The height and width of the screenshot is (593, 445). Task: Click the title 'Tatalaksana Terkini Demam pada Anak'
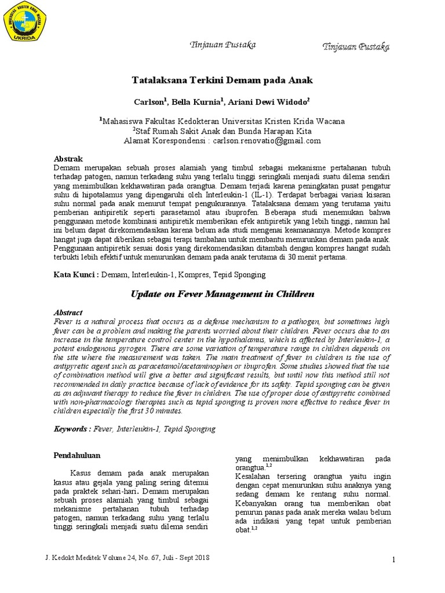tap(223, 80)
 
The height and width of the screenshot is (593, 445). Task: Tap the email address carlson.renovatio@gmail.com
tap(267, 140)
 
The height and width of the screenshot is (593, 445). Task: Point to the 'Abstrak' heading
tap(68, 159)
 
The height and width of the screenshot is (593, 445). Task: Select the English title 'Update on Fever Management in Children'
tap(222, 294)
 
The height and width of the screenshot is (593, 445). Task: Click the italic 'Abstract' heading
tap(68, 312)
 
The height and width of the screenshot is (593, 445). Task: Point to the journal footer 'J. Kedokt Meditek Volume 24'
tap(127, 557)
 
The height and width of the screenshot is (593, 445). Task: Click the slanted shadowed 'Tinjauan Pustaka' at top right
tap(356, 46)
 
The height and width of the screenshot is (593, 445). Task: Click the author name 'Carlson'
tap(149, 101)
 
